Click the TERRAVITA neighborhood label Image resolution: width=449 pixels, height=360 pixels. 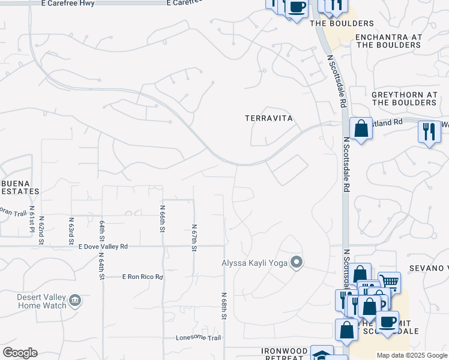269,118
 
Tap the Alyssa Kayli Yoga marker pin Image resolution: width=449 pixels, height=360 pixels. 296,262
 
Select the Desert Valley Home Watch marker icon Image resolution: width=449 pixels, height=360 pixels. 75,300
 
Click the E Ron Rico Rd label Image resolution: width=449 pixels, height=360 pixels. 142,277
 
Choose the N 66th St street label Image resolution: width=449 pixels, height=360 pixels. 162,218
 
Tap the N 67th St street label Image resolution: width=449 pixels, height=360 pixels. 194,238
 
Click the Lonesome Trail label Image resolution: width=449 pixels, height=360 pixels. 194,337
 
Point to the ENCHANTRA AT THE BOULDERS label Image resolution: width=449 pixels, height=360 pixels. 388,41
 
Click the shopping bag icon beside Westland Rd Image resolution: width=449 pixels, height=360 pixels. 361,129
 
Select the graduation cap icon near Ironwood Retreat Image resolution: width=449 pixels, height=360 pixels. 322,354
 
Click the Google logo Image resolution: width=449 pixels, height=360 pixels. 20,353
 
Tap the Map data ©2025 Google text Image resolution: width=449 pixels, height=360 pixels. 411,355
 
